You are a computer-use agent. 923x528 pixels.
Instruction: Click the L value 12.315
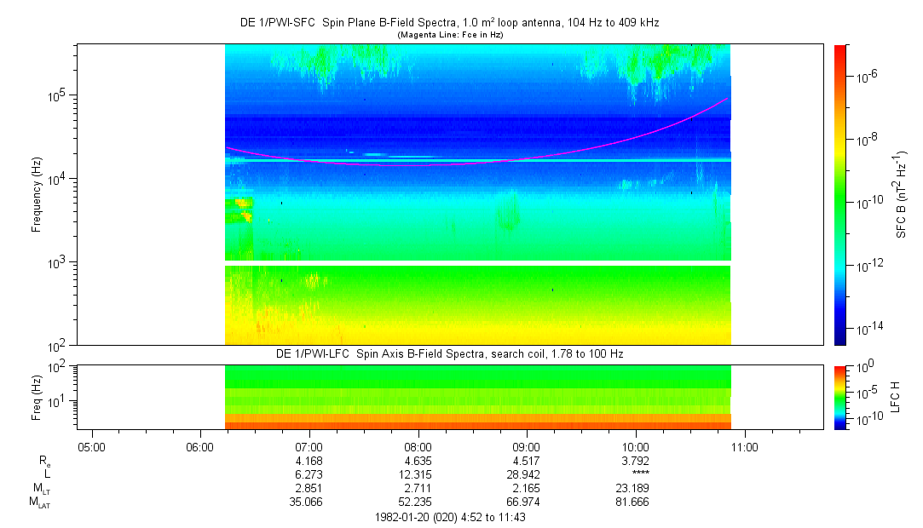coord(418,474)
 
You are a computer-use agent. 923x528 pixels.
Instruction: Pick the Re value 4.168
coord(309,461)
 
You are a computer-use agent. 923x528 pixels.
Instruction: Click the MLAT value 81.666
coord(636,502)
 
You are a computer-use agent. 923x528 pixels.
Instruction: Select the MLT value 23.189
coord(636,489)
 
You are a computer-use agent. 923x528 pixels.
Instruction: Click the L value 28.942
coord(527,474)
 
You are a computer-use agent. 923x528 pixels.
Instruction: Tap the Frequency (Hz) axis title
coord(37,194)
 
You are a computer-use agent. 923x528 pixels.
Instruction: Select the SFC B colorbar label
coord(901,194)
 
